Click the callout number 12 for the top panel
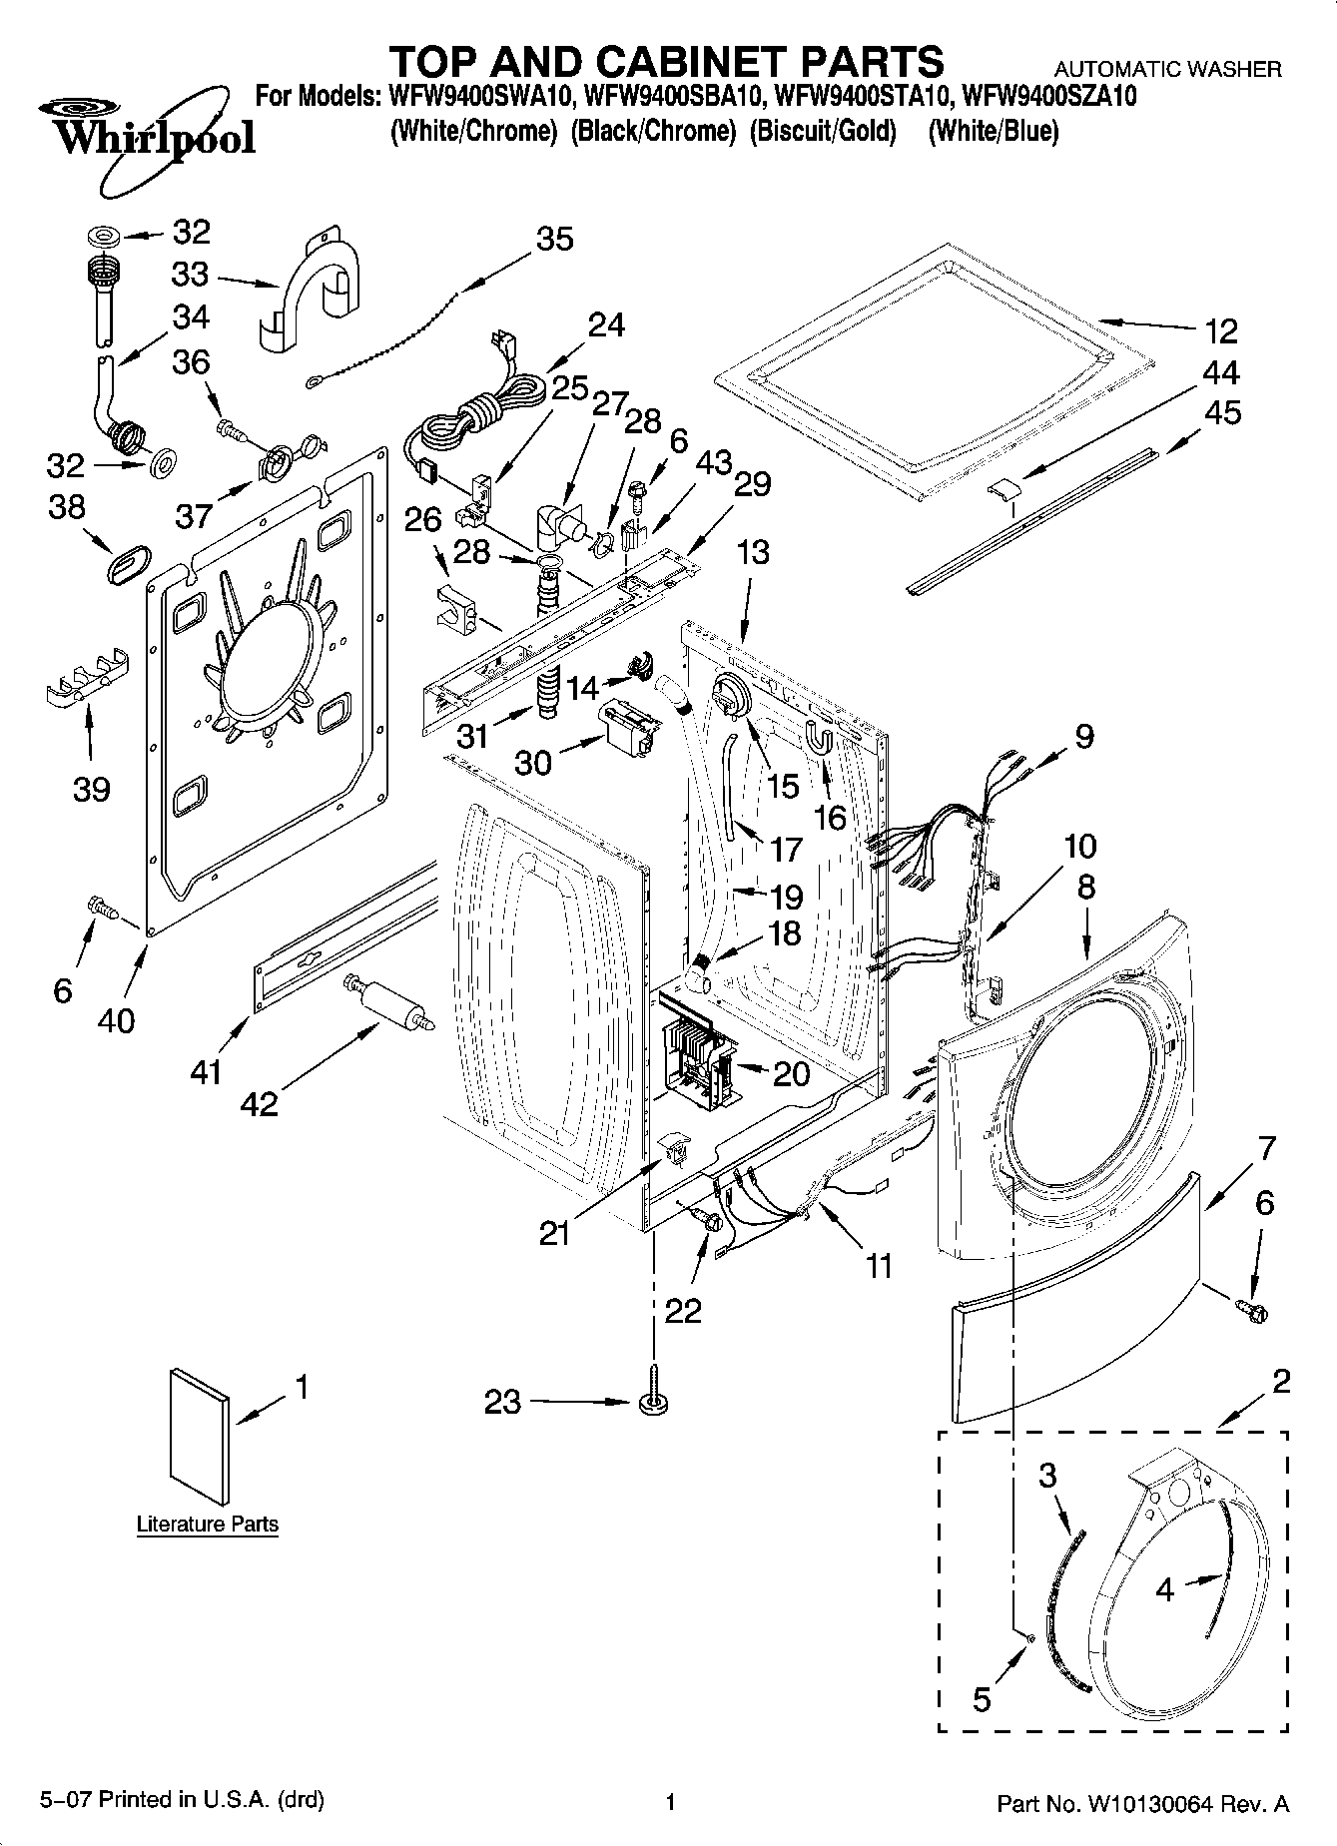tap(1220, 330)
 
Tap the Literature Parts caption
tap(208, 1525)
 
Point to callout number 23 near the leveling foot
tap(502, 1403)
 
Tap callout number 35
tap(555, 240)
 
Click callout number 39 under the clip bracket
tap(91, 790)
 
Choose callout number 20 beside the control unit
tap(791, 1073)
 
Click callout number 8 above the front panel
tap(1085, 886)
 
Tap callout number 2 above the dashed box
tap(1279, 1382)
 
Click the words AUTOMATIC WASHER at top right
tap(1167, 69)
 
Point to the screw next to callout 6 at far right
tap(1250, 1309)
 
